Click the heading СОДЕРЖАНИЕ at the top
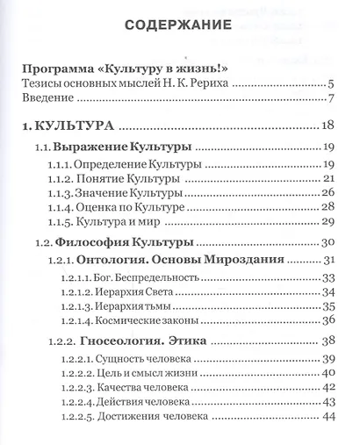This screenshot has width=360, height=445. click(179, 25)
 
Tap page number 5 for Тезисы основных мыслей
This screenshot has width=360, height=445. click(327, 84)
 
